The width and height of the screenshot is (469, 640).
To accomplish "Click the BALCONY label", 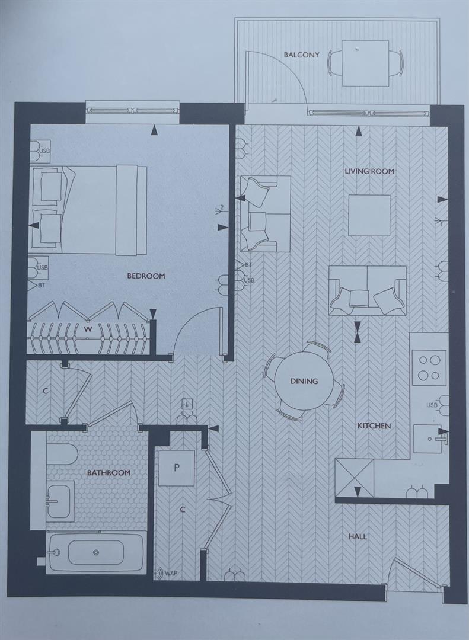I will (301, 55).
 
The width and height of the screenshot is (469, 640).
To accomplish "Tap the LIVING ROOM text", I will (369, 172).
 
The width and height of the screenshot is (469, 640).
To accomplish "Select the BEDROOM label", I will (146, 276).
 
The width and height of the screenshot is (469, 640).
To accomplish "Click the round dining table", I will (304, 381).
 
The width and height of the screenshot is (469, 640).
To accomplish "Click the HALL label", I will (358, 537).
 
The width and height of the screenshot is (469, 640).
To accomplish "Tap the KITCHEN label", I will (374, 426).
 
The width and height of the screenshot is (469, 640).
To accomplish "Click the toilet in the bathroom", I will (62, 455).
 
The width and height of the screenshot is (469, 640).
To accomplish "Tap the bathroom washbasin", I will (60, 501).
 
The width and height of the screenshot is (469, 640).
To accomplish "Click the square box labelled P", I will (176, 468).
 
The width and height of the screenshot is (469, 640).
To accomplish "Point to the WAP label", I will (171, 574).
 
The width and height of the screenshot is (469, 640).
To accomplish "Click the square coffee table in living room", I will (369, 215).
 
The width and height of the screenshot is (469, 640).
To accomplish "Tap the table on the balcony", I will (365, 63).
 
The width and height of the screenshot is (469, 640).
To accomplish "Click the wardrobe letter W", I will (87, 329).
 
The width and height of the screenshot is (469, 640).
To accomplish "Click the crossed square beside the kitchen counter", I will (355, 478).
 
